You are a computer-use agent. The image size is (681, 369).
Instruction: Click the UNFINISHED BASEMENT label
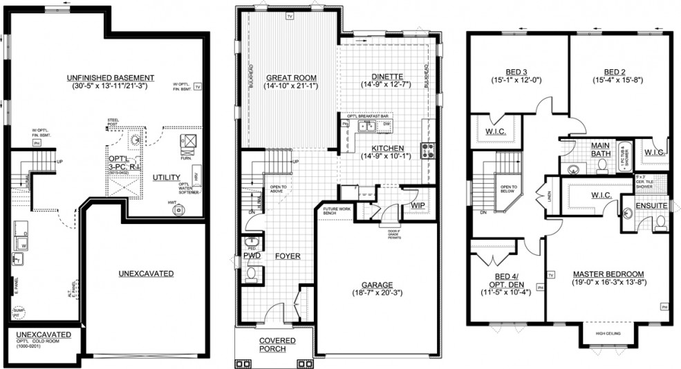(111, 77)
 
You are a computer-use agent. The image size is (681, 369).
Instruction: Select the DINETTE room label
(386, 76)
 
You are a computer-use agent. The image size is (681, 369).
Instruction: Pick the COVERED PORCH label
(277, 345)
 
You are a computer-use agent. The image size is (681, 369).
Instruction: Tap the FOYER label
(288, 256)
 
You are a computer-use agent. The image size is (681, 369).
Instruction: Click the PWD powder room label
(252, 256)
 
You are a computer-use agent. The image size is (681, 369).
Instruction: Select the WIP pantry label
(418, 205)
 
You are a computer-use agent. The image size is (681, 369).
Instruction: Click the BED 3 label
(516, 71)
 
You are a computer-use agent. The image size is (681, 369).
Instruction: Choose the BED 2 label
(614, 71)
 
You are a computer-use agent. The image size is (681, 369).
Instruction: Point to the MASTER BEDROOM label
(608, 273)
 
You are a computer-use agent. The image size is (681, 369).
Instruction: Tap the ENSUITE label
(651, 205)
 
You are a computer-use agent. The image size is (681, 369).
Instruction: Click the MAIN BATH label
(599, 149)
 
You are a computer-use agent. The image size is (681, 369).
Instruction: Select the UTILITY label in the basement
(167, 178)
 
